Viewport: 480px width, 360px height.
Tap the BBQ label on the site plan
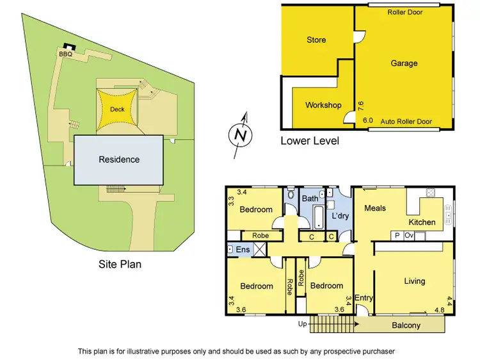65,54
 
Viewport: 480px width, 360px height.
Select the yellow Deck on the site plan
117,109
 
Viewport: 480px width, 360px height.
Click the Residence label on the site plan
119,159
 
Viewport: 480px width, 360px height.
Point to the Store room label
316,40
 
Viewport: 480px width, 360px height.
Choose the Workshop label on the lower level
323,105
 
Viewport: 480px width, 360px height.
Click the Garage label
404,63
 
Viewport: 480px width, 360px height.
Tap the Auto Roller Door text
406,121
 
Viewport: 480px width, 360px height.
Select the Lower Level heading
310,141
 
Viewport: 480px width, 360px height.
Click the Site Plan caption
120,264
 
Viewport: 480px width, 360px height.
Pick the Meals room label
375,208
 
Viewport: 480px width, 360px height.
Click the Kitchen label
422,222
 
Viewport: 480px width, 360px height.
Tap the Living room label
415,281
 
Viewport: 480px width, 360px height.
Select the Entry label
364,298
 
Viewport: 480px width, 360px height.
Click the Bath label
310,199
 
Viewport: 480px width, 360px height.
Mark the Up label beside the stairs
303,324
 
